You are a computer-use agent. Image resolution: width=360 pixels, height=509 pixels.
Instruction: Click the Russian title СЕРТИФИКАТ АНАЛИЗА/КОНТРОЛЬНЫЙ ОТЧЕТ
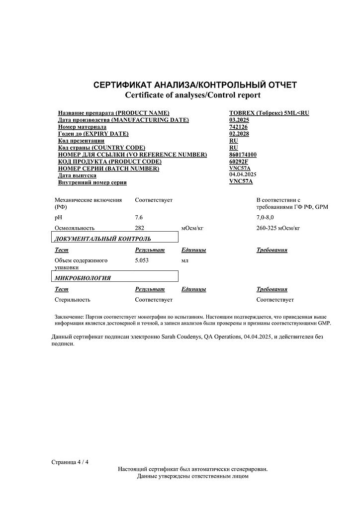pyautogui.click(x=195, y=85)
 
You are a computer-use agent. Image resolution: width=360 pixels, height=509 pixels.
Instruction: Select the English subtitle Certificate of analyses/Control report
pyautogui.click(x=192, y=94)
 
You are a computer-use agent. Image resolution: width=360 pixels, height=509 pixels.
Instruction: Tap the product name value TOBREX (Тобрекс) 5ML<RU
pyautogui.click(x=269, y=113)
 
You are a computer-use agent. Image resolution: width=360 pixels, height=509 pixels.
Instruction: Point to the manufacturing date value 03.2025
pyautogui.click(x=239, y=120)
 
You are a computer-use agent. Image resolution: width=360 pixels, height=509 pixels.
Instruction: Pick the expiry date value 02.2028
pyautogui.click(x=239, y=134)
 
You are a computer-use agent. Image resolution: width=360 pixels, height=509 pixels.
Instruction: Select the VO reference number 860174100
pyautogui.click(x=243, y=155)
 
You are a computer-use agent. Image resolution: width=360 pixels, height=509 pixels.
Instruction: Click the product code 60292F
pyautogui.click(x=239, y=162)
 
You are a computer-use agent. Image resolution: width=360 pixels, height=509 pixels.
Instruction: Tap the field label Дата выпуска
pyautogui.click(x=77, y=175)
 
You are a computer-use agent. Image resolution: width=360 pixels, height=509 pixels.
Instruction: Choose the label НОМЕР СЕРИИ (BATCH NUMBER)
pyautogui.click(x=108, y=169)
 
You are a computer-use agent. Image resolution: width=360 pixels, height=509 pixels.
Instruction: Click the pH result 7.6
pyautogui.click(x=139, y=218)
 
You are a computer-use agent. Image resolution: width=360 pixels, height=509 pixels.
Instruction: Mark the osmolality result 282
pyautogui.click(x=140, y=228)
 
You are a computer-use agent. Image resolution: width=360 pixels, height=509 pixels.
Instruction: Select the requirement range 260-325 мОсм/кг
pyautogui.click(x=278, y=228)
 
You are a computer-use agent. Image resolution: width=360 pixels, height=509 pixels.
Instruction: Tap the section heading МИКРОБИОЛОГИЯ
pyautogui.click(x=83, y=278)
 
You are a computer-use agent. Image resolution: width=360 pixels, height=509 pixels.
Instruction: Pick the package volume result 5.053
pyautogui.click(x=143, y=260)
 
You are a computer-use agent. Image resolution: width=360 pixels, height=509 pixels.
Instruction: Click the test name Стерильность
pyautogui.click(x=72, y=300)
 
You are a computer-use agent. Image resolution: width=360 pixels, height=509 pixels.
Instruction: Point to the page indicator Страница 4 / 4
pyautogui.click(x=70, y=462)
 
